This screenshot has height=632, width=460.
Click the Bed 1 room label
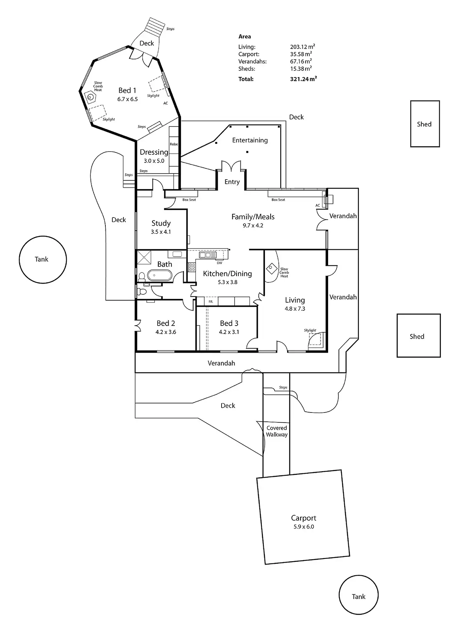click(x=127, y=90)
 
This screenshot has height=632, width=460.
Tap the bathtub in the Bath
click(x=159, y=275)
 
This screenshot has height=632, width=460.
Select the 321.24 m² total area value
click(x=303, y=79)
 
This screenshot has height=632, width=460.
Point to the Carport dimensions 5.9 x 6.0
click(x=304, y=527)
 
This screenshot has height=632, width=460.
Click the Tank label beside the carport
click(x=358, y=596)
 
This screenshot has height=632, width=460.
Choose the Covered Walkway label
click(x=277, y=431)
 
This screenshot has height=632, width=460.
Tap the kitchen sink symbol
click(x=207, y=255)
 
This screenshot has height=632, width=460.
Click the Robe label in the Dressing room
click(x=174, y=144)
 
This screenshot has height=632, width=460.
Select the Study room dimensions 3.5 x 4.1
click(x=161, y=232)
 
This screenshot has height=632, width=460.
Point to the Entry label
click(x=232, y=182)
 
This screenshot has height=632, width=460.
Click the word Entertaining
click(x=250, y=140)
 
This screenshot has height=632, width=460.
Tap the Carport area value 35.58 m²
click(x=301, y=54)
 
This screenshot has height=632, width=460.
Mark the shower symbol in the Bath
click(x=144, y=257)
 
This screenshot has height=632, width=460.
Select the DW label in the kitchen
click(x=219, y=263)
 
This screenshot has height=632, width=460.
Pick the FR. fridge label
click(x=211, y=301)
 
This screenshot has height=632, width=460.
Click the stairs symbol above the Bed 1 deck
click(x=155, y=26)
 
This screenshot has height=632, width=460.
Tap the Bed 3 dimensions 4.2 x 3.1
click(x=229, y=332)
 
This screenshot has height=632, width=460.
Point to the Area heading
click(x=245, y=36)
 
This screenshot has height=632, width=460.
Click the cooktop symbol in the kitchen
click(x=192, y=267)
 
